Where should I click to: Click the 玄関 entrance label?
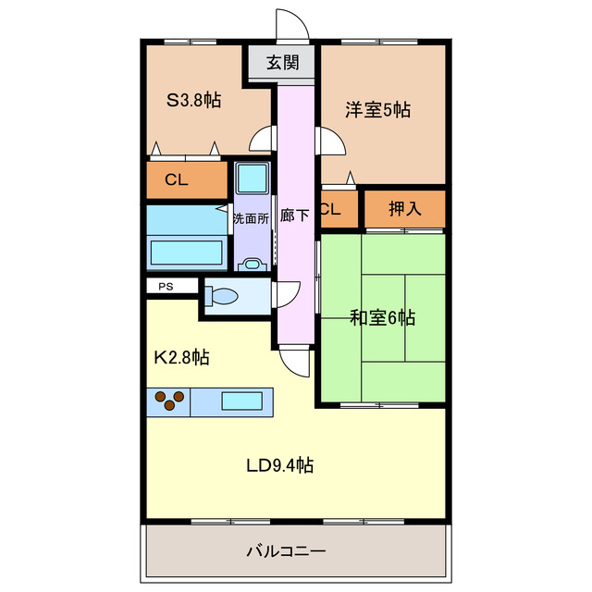[283, 63]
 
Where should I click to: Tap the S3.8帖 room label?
[193, 100]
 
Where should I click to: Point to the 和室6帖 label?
[382, 318]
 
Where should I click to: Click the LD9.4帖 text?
[278, 465]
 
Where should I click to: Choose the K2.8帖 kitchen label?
[180, 357]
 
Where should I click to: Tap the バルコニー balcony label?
[286, 552]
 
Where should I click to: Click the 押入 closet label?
[405, 208]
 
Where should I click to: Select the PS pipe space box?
[166, 287]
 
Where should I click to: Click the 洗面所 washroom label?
[250, 219]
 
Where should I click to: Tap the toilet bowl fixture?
[222, 297]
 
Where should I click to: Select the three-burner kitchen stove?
[168, 401]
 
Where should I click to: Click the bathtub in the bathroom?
[186, 253]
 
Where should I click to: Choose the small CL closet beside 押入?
[330, 209]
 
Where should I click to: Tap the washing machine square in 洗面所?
[250, 178]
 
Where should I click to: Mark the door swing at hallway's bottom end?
[295, 361]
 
